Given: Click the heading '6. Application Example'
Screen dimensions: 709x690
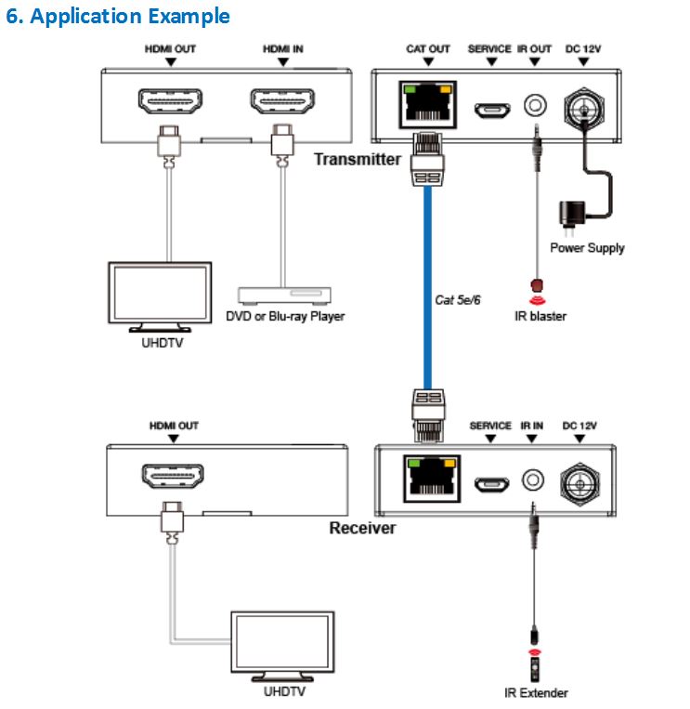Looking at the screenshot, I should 118,17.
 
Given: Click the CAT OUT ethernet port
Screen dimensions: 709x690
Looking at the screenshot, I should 428,104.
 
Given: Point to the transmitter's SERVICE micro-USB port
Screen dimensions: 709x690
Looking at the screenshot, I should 491,109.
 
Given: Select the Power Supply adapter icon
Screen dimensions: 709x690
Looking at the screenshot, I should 566,217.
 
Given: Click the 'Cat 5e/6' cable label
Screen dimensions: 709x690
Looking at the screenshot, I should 457,300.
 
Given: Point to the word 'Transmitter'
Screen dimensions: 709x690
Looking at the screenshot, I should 357,159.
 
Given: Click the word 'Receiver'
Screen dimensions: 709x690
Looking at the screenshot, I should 362,528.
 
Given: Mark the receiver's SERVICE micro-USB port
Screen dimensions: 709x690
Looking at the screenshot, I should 491,483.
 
